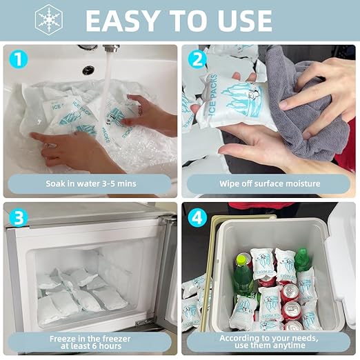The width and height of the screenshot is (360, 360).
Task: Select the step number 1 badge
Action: click(x=18, y=60)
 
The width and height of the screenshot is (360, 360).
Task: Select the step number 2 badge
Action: click(x=197, y=60)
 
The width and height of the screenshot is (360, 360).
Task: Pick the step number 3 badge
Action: click(x=18, y=217)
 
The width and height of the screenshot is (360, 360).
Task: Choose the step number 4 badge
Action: click(x=197, y=217)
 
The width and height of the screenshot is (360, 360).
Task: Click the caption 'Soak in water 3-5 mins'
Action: click(x=90, y=184)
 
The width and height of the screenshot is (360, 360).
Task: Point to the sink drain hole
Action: click(x=88, y=70)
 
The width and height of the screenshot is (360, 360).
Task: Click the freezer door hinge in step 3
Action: click(x=144, y=321)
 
